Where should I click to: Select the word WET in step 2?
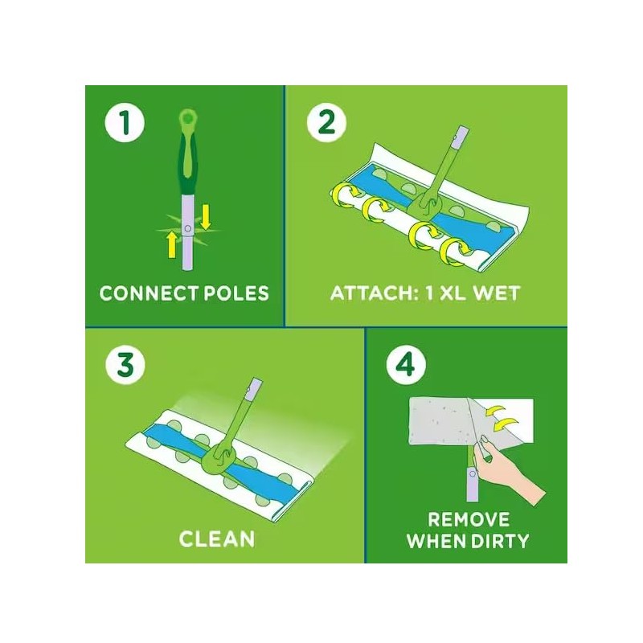point(494,293)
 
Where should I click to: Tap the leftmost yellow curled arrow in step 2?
point(345,195)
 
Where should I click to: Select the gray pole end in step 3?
point(252,391)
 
